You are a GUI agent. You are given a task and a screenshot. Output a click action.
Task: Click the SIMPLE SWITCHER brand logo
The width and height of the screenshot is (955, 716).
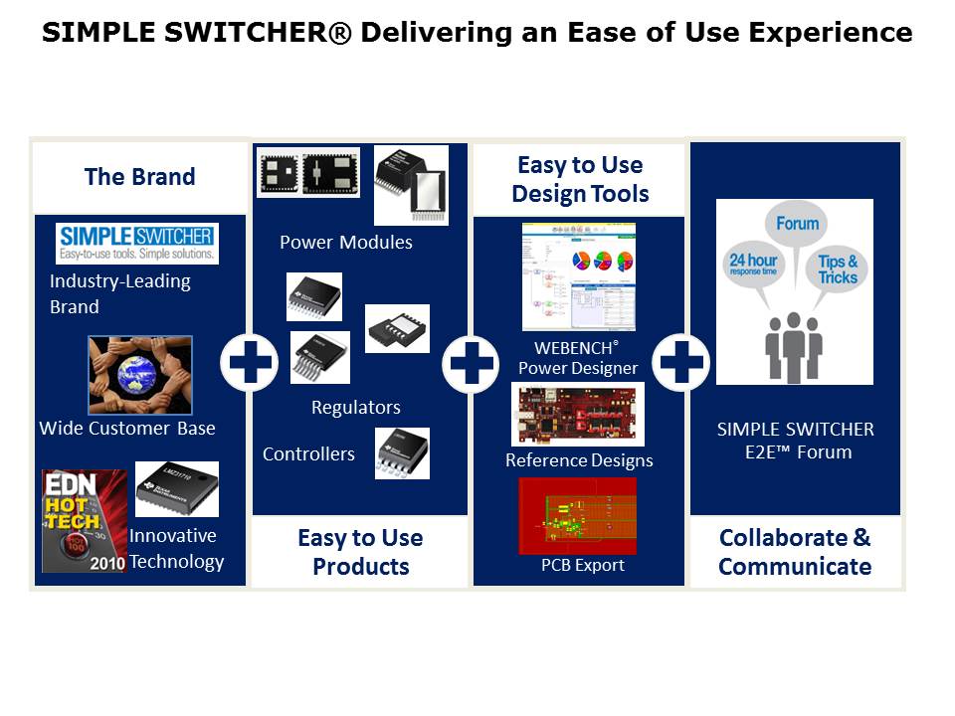(x=137, y=243)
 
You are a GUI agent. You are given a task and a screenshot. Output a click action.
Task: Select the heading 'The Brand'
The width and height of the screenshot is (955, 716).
(x=139, y=177)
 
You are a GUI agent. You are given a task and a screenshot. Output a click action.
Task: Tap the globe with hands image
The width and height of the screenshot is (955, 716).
(x=139, y=375)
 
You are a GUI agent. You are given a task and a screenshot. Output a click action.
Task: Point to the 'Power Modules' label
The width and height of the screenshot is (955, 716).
(x=345, y=243)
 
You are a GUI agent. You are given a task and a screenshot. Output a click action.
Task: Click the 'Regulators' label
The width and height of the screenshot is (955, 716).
(x=355, y=408)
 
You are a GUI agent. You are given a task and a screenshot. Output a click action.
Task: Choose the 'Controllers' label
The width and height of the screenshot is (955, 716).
(x=308, y=454)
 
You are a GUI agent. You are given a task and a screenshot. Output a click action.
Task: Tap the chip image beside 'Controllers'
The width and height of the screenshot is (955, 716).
(x=402, y=453)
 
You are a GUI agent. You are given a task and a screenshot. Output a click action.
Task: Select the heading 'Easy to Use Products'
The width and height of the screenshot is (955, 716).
(x=360, y=552)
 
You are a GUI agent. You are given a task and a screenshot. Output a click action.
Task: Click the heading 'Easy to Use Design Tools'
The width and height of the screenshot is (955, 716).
(x=579, y=179)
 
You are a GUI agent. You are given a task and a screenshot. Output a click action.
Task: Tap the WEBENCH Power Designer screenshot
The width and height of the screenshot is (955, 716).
(x=578, y=276)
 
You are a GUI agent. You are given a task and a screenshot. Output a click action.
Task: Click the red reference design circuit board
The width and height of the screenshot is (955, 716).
(x=578, y=415)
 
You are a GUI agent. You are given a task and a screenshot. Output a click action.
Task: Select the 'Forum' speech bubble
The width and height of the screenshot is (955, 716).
(x=797, y=225)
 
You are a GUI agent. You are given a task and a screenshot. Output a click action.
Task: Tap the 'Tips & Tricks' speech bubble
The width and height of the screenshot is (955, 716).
(x=838, y=269)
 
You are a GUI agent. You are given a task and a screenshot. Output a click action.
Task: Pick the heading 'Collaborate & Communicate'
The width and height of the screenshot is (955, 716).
(x=795, y=552)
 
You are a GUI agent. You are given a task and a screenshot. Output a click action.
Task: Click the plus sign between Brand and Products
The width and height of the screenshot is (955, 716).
(x=249, y=362)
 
